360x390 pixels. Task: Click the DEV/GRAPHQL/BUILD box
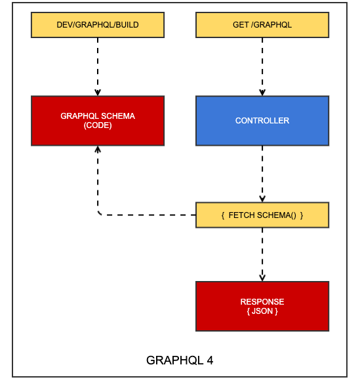(98, 25)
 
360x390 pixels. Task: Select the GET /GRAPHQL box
(262, 25)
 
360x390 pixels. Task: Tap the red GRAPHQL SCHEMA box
(98, 120)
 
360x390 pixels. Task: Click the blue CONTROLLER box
(262, 120)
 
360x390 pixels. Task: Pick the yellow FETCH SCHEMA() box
(262, 215)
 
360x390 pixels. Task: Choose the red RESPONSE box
(262, 306)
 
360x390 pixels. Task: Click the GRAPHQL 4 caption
(179, 360)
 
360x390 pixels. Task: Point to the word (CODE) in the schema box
(98, 125)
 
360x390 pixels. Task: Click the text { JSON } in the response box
(262, 311)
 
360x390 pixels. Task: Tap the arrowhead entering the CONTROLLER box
(262, 93)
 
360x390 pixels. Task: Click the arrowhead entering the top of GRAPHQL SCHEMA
(98, 93)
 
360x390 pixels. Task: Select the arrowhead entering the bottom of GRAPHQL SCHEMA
(98, 149)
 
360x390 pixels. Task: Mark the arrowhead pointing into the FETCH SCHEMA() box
(262, 199)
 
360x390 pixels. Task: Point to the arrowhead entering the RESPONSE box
(262, 278)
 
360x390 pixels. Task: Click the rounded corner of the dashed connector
(100, 213)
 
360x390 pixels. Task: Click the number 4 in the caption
(209, 360)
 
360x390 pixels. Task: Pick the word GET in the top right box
(241, 25)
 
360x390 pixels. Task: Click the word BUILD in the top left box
(127, 25)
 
